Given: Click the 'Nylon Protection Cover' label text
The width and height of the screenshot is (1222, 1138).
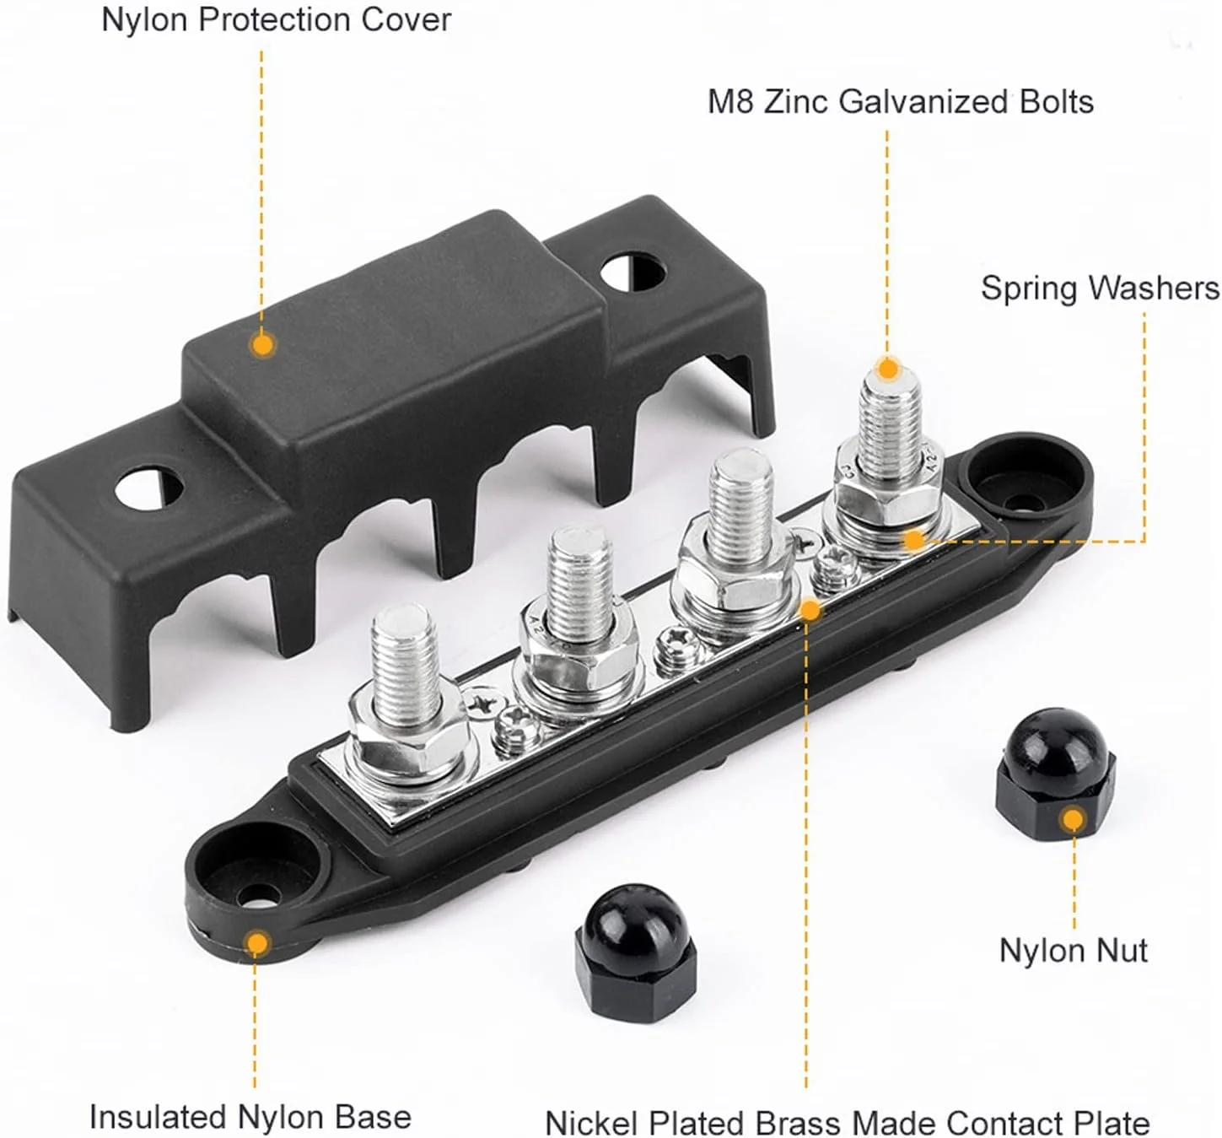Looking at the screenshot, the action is point(277,19).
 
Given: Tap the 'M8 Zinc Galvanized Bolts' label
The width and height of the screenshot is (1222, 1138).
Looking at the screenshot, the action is point(900,101).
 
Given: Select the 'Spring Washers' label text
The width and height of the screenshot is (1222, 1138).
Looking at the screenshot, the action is point(1100,289).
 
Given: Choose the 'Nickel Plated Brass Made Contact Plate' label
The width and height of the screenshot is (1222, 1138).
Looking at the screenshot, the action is point(848,1122).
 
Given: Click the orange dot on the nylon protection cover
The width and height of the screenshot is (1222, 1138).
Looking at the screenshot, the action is point(263,344).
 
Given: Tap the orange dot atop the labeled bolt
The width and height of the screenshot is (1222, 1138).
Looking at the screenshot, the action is point(887,369).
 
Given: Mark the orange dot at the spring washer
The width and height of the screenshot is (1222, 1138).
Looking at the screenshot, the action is point(914,541).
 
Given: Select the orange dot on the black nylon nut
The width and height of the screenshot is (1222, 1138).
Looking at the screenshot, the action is point(1073,820).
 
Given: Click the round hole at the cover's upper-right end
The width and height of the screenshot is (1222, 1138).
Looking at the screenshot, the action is point(633,272).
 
